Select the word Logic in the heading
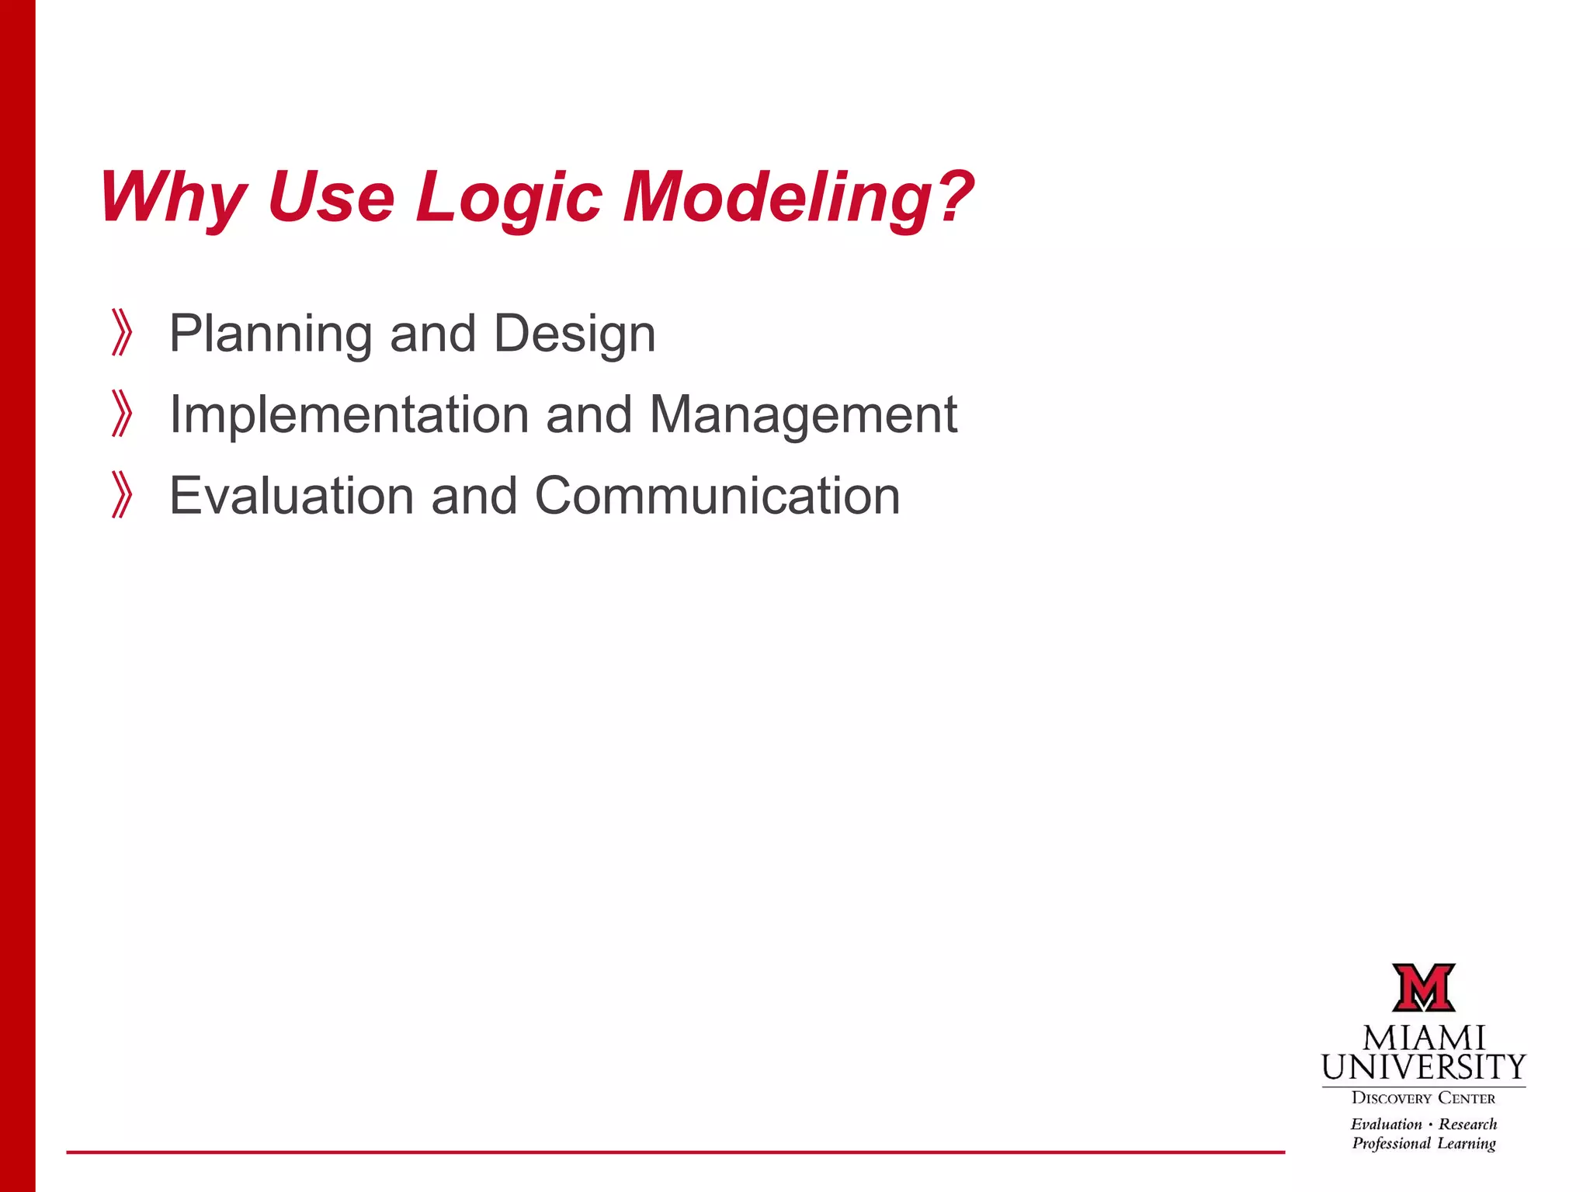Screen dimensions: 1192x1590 tap(509, 197)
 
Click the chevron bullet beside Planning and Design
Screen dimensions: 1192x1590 tap(122, 333)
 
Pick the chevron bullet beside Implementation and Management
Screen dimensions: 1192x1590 tap(122, 414)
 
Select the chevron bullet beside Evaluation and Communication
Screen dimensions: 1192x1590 tap(122, 495)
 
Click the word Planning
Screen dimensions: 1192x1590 tap(270, 334)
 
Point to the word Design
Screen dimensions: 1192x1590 tap(575, 334)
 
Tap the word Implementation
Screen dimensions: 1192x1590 tap(349, 414)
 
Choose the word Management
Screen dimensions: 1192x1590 tap(803, 414)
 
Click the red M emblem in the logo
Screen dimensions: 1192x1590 tap(1423, 988)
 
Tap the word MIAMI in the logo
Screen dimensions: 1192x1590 tap(1424, 1038)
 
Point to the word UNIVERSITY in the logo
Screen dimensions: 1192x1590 tap(1424, 1068)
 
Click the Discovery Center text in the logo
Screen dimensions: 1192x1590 tap(1423, 1098)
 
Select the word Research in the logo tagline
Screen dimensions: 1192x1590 tap(1467, 1124)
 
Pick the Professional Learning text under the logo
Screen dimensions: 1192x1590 tap(1423, 1143)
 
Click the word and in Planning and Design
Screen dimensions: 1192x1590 tap(432, 334)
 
